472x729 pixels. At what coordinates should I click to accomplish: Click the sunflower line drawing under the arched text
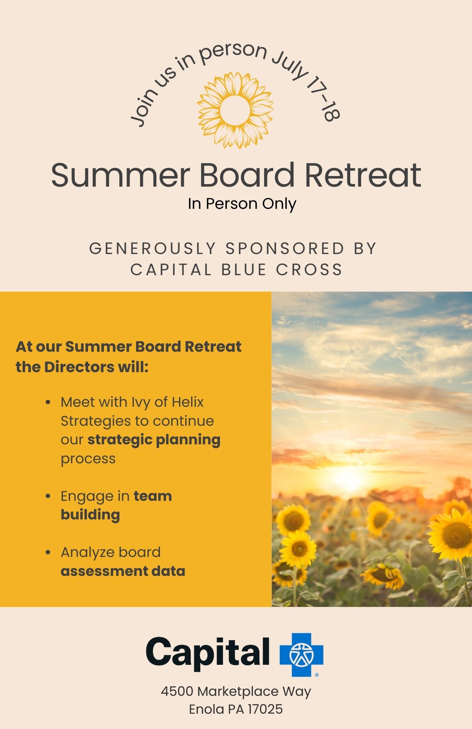pyautogui.click(x=235, y=110)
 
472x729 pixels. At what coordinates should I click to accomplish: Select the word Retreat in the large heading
pyautogui.click(x=363, y=175)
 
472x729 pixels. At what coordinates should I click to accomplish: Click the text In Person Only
pyautogui.click(x=242, y=204)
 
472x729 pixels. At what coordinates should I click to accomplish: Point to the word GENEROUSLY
pyautogui.click(x=153, y=249)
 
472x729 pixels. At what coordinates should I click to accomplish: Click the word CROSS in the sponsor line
pyautogui.click(x=309, y=270)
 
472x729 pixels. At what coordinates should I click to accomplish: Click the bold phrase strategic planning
pyautogui.click(x=154, y=440)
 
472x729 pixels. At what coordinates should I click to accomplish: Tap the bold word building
pyautogui.click(x=90, y=515)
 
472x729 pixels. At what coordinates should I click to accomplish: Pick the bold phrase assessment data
pyautogui.click(x=123, y=571)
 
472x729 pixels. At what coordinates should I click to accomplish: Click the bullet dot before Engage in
pyautogui.click(x=48, y=496)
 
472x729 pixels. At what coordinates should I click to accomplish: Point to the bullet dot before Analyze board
pyautogui.click(x=48, y=552)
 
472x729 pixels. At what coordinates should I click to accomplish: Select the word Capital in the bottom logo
pyautogui.click(x=208, y=654)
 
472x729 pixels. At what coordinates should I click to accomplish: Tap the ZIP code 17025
pyautogui.click(x=265, y=709)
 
